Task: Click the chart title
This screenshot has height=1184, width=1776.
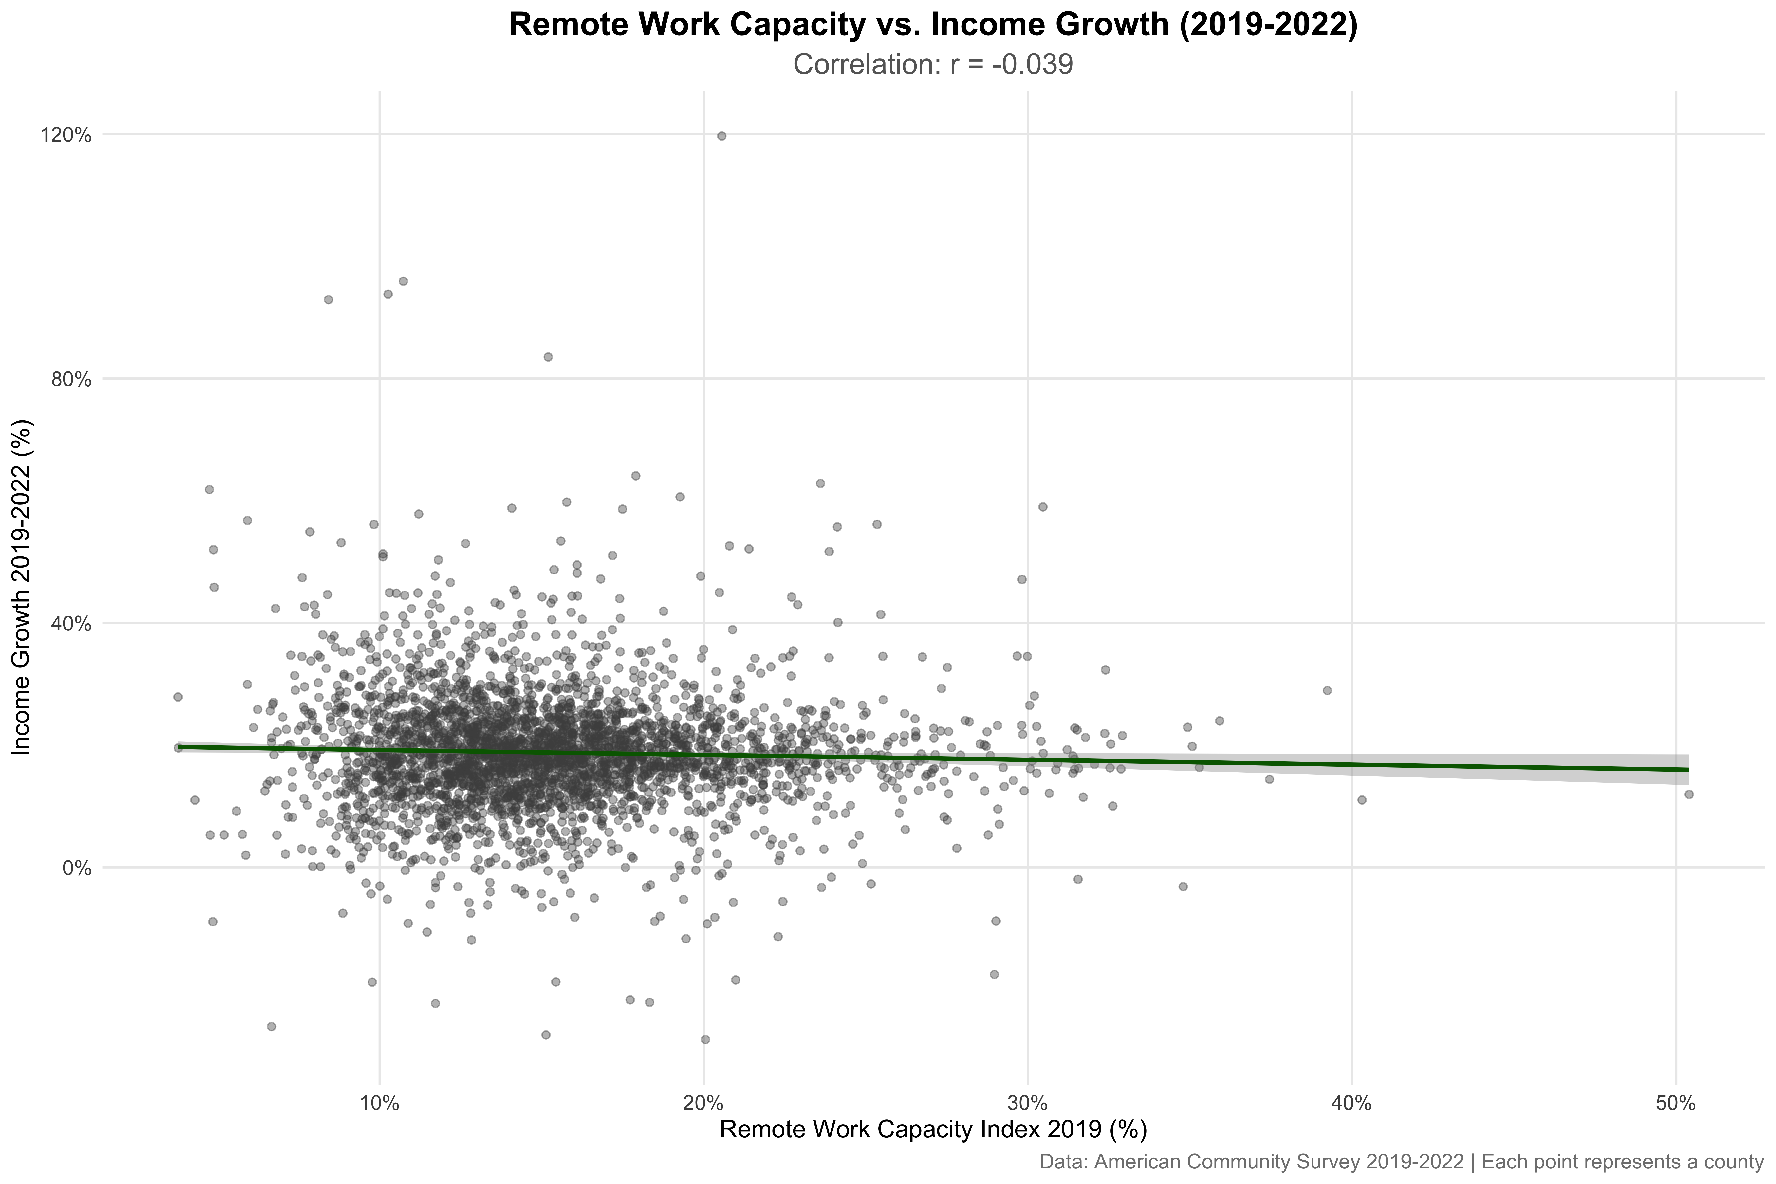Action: click(x=933, y=25)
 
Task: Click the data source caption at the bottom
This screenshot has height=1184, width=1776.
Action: click(x=1401, y=1161)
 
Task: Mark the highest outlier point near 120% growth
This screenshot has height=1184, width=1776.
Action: click(x=721, y=136)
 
